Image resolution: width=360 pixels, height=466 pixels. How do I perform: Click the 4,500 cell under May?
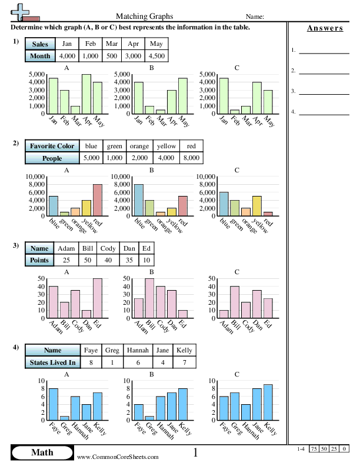tap(156, 56)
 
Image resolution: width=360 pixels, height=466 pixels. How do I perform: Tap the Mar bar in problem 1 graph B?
tap(161, 111)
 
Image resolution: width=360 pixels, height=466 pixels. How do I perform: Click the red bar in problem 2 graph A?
tap(97, 200)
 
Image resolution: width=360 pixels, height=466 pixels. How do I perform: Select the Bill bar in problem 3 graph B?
tap(149, 298)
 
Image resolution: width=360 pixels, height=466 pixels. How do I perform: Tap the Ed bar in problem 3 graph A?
tap(97, 298)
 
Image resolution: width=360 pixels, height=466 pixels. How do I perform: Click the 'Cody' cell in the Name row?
tap(108, 248)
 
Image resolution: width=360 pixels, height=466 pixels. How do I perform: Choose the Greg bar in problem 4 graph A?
tap(64, 418)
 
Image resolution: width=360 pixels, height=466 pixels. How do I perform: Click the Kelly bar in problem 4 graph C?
tap(268, 402)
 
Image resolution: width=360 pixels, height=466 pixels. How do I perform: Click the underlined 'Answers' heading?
tap(325, 28)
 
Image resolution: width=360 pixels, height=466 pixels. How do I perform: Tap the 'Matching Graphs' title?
tap(149, 16)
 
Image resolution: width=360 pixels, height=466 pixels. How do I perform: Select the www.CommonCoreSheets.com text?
tap(118, 457)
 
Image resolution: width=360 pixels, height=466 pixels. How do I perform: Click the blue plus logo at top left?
tap(22, 11)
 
